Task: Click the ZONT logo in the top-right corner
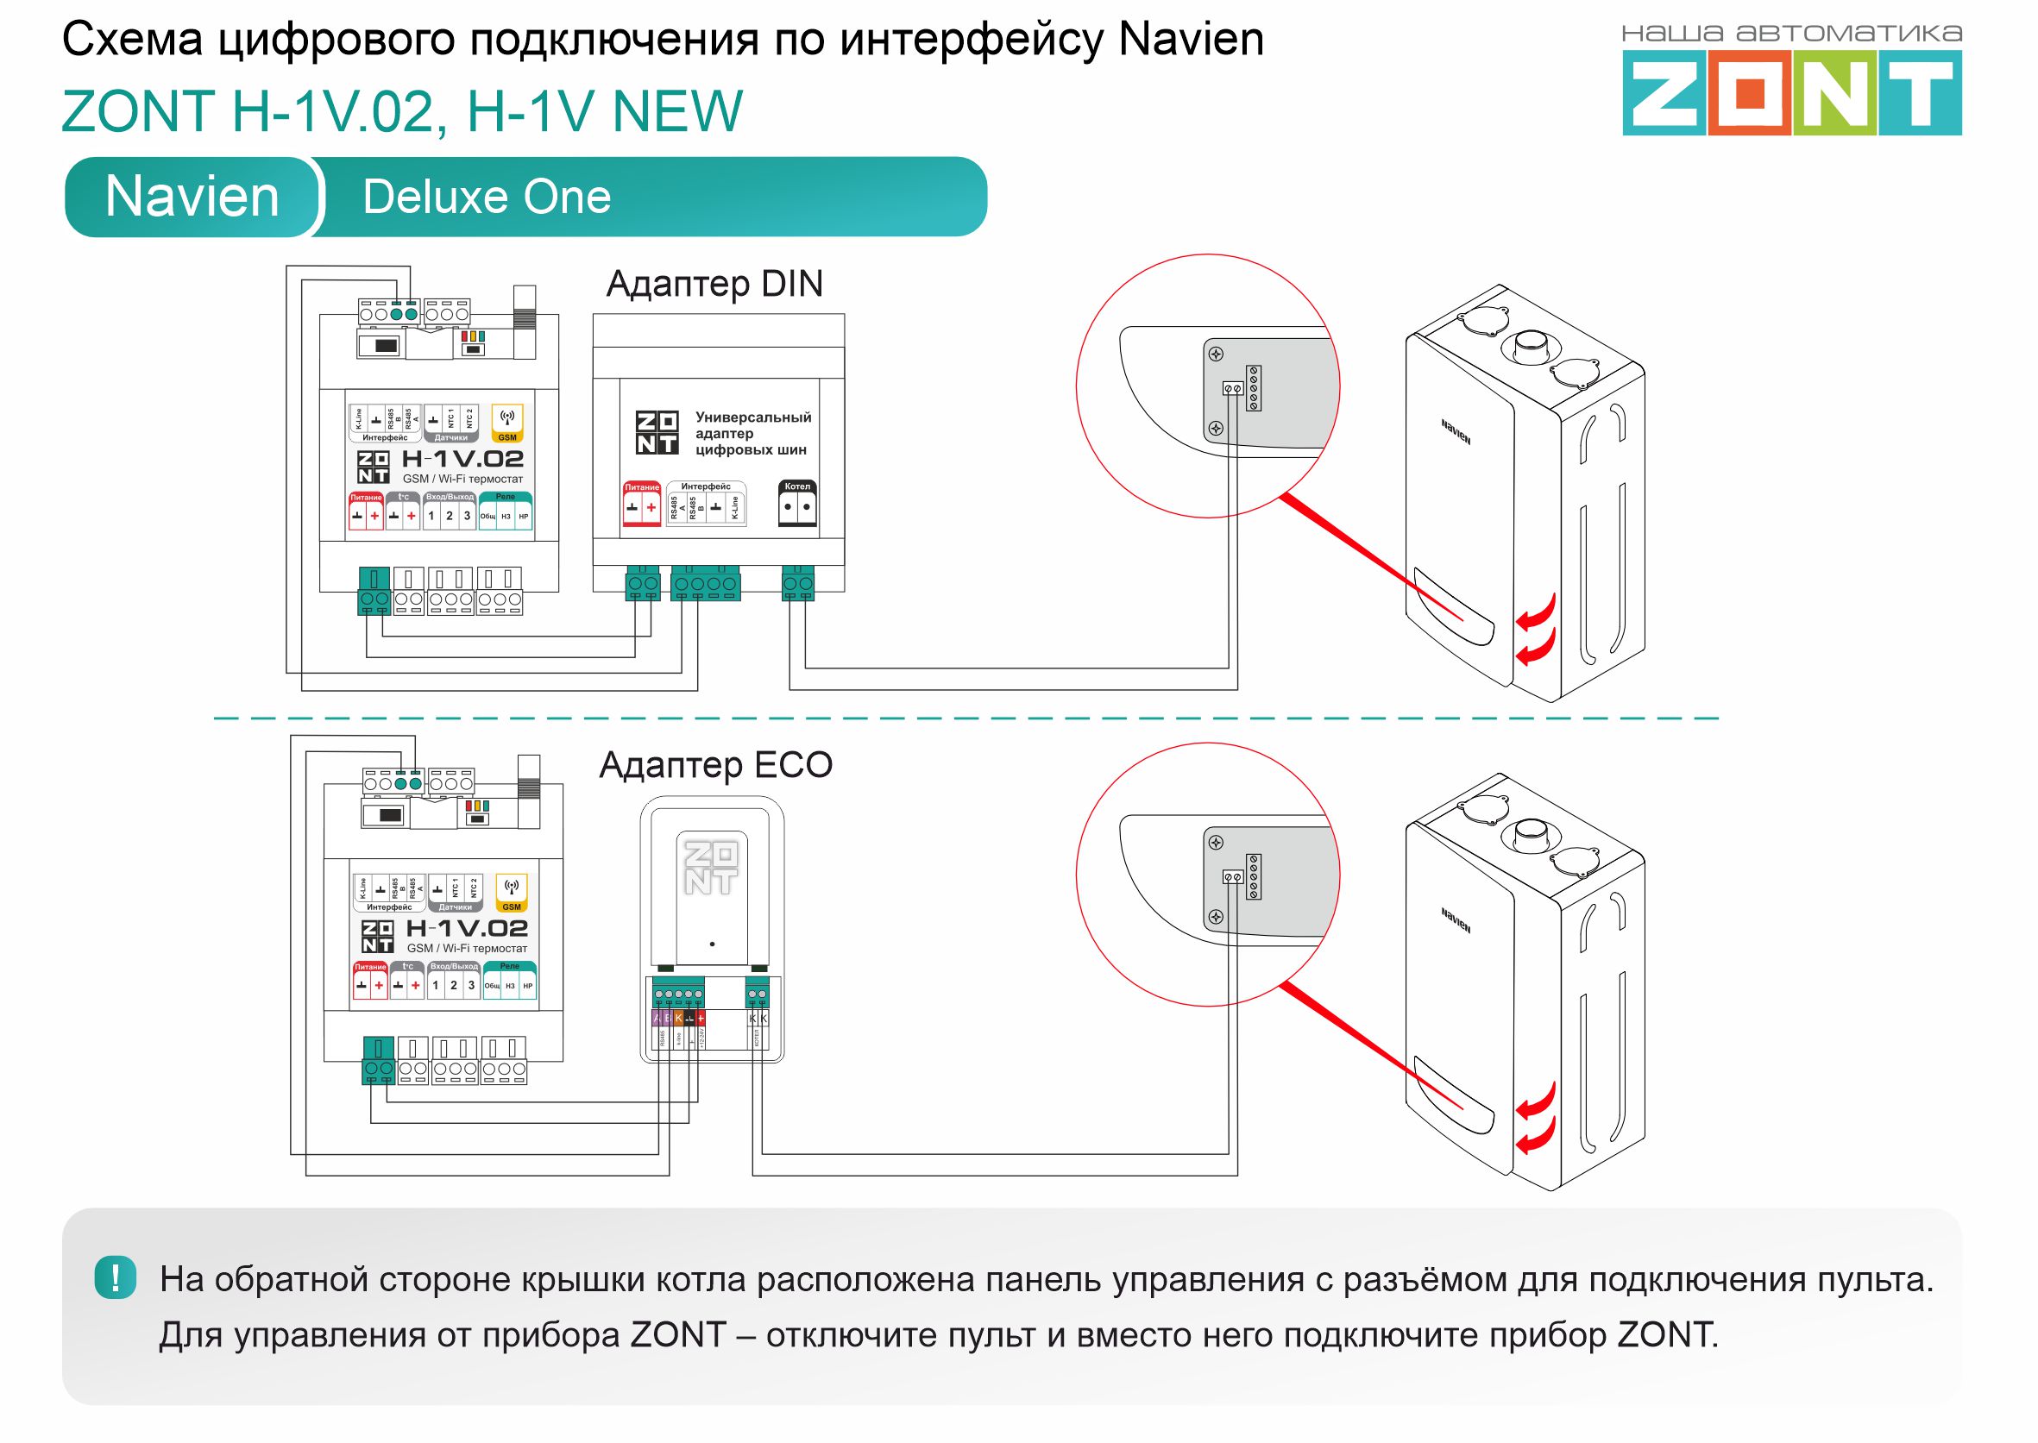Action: [1791, 91]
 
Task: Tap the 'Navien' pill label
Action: [192, 197]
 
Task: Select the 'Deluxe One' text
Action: [486, 197]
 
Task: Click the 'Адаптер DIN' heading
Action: [714, 284]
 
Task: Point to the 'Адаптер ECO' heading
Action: [715, 765]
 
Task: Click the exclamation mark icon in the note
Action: [116, 1277]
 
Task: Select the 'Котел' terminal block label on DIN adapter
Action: [796, 487]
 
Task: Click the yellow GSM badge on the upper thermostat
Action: [507, 423]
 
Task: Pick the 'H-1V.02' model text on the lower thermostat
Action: [467, 929]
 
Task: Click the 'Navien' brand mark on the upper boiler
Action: [1456, 432]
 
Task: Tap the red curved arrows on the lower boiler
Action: [1535, 1119]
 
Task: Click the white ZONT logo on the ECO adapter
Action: [711, 867]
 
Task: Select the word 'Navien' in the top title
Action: [1191, 40]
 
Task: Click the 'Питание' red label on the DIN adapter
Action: [642, 487]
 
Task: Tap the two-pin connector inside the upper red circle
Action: [1233, 388]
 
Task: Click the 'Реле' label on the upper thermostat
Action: [506, 497]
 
